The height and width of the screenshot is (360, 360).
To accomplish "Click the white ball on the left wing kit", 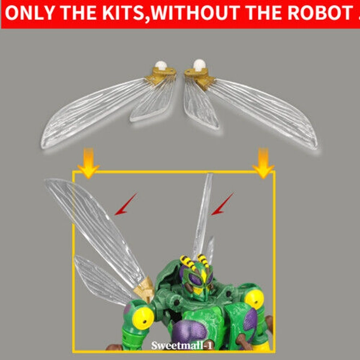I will pyautogui.click(x=160, y=66).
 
